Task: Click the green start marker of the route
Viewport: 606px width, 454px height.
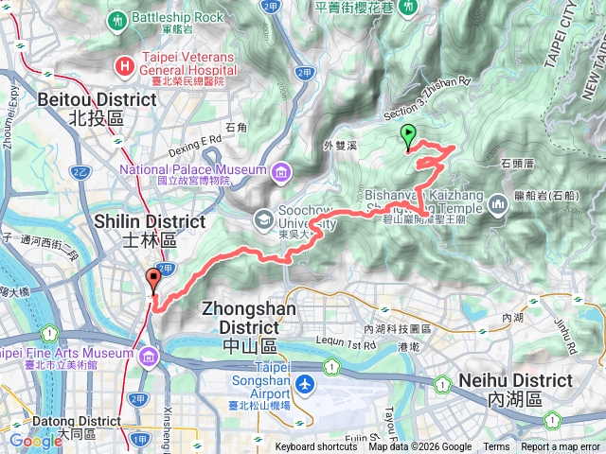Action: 408,135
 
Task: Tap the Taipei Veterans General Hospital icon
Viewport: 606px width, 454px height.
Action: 124,65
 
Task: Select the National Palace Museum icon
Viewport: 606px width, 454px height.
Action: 281,171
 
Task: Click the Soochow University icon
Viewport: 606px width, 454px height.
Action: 263,219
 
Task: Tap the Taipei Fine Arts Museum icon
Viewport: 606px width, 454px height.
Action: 150,356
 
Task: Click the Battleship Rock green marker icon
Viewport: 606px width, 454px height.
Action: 116,18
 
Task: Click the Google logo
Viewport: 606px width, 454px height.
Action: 36,441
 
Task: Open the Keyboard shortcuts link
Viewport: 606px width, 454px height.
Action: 316,447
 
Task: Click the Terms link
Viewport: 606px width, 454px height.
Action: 496,447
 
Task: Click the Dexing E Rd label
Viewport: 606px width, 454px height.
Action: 196,138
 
